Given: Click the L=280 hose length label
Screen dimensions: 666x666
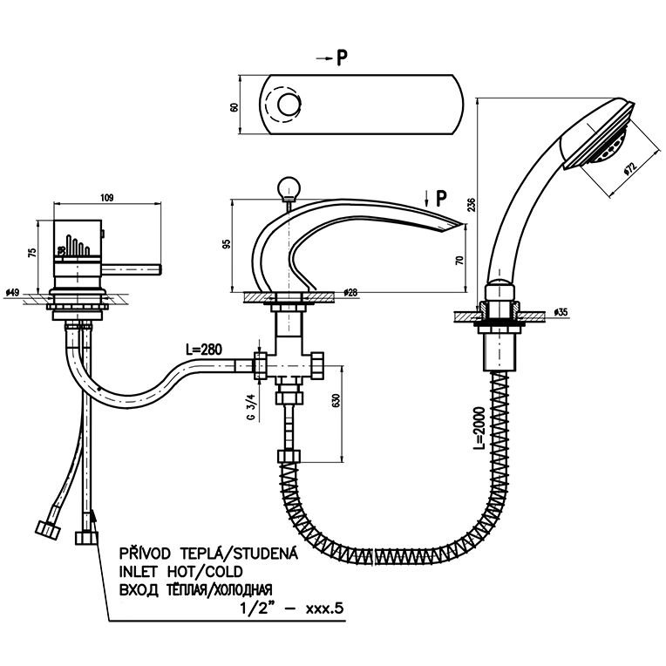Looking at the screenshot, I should click(x=204, y=350).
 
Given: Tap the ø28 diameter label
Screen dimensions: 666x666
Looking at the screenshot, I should click(x=352, y=293).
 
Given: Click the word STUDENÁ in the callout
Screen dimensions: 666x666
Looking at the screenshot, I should click(x=264, y=553).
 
